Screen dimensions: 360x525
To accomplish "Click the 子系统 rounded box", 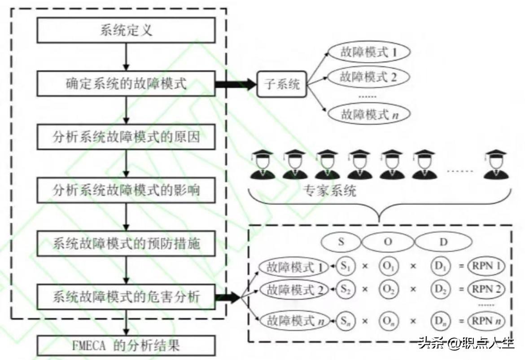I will tap(281, 84).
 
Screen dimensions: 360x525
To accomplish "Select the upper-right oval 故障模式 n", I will tap(369, 114).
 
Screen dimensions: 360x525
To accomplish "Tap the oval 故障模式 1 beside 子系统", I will tap(369, 53).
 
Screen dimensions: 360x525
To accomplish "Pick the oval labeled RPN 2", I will tap(485, 289).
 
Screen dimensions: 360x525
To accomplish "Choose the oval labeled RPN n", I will tap(485, 320).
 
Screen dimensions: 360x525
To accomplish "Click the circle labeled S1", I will tap(346, 267).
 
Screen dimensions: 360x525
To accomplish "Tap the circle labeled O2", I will tap(388, 289).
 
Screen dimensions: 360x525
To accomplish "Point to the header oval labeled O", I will tap(388, 241).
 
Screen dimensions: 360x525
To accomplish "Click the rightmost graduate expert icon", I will tap(496, 165).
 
